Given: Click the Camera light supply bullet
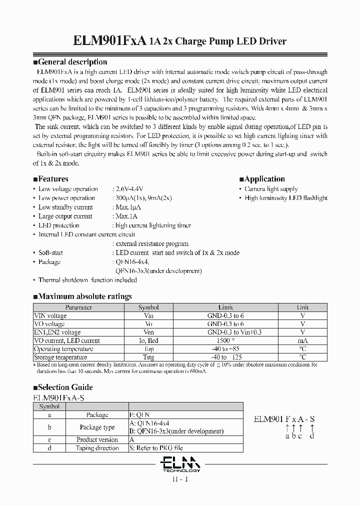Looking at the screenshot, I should point(271,189).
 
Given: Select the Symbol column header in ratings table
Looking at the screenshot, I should point(148,307).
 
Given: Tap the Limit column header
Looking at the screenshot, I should point(225,307).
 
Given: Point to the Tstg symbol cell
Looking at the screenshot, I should point(148,357).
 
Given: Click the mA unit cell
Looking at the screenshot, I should point(302,340).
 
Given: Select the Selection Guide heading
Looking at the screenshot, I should point(62,387).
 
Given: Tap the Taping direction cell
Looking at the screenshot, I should point(97,448).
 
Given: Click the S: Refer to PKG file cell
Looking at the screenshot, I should point(156,448).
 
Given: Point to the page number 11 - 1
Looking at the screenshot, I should point(180,479).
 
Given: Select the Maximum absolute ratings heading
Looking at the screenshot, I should point(82,296).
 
